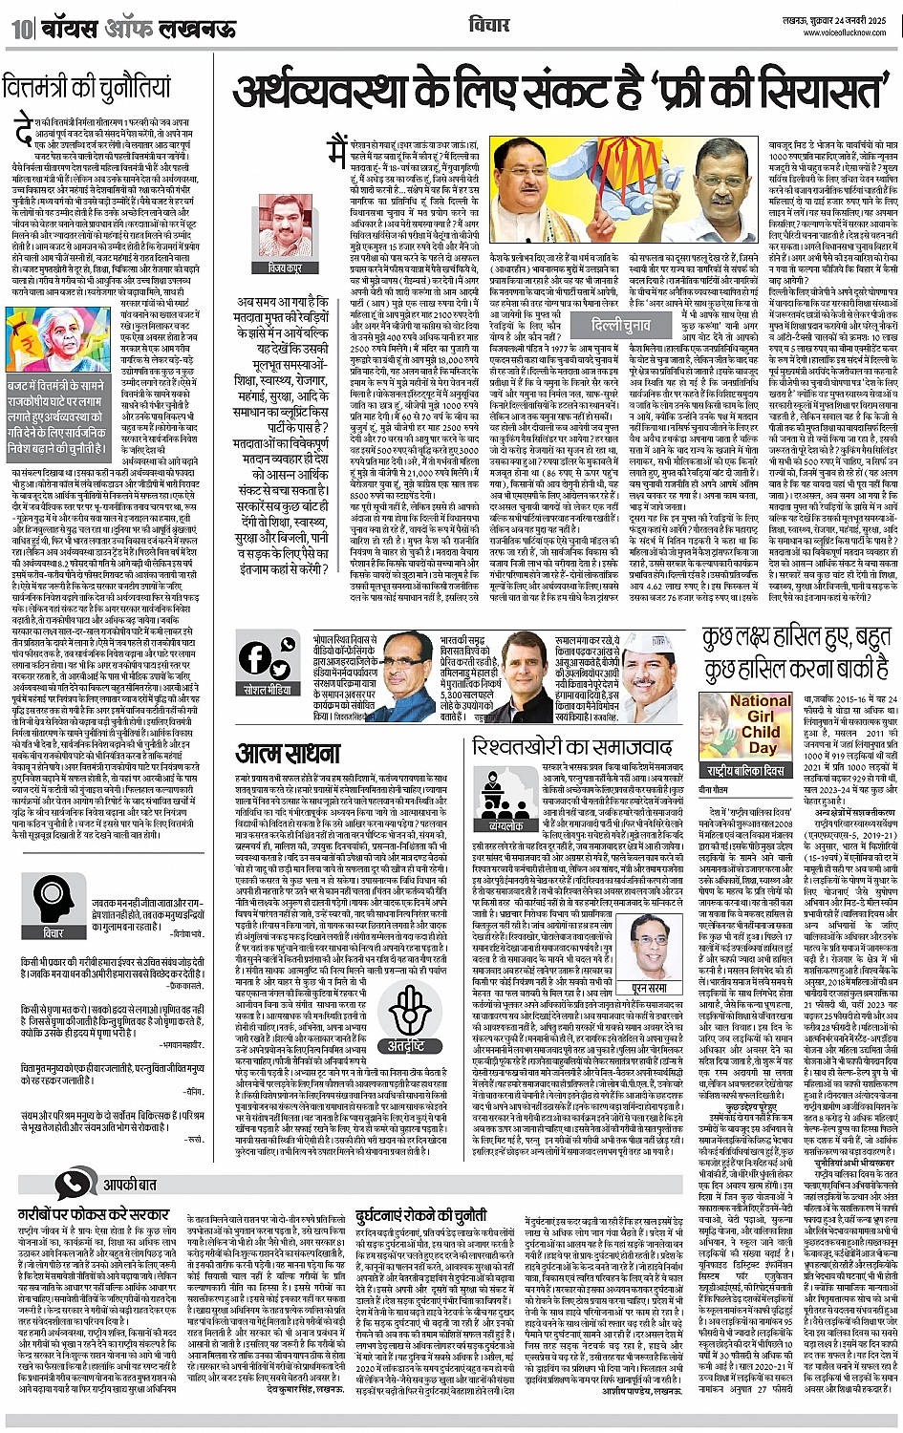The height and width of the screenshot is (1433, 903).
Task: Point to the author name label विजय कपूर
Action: tap(285, 269)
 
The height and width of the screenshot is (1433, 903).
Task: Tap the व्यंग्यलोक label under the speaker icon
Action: tap(505, 825)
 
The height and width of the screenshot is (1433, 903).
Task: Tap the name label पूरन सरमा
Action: tap(649, 988)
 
